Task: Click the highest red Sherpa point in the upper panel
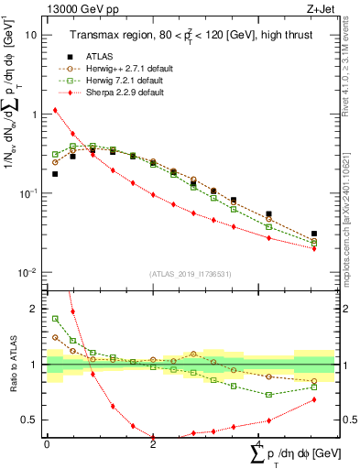(x=55, y=110)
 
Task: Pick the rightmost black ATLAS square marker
(x=314, y=234)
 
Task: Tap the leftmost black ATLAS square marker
(x=55, y=173)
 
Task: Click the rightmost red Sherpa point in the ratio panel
(x=314, y=399)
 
